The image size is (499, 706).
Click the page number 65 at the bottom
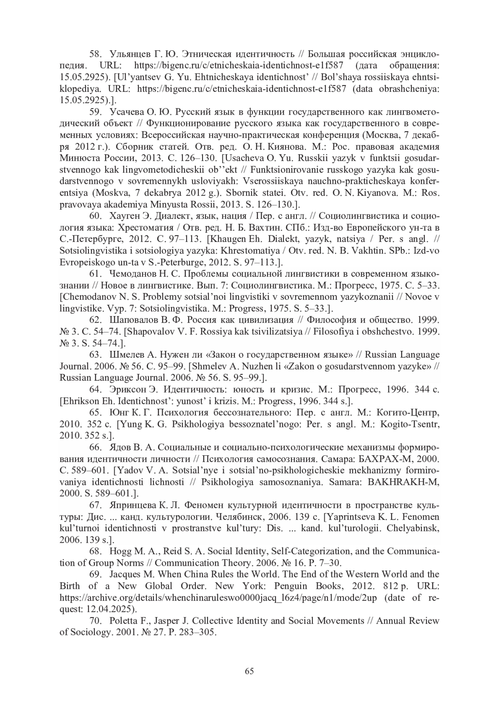pos(249,671)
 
